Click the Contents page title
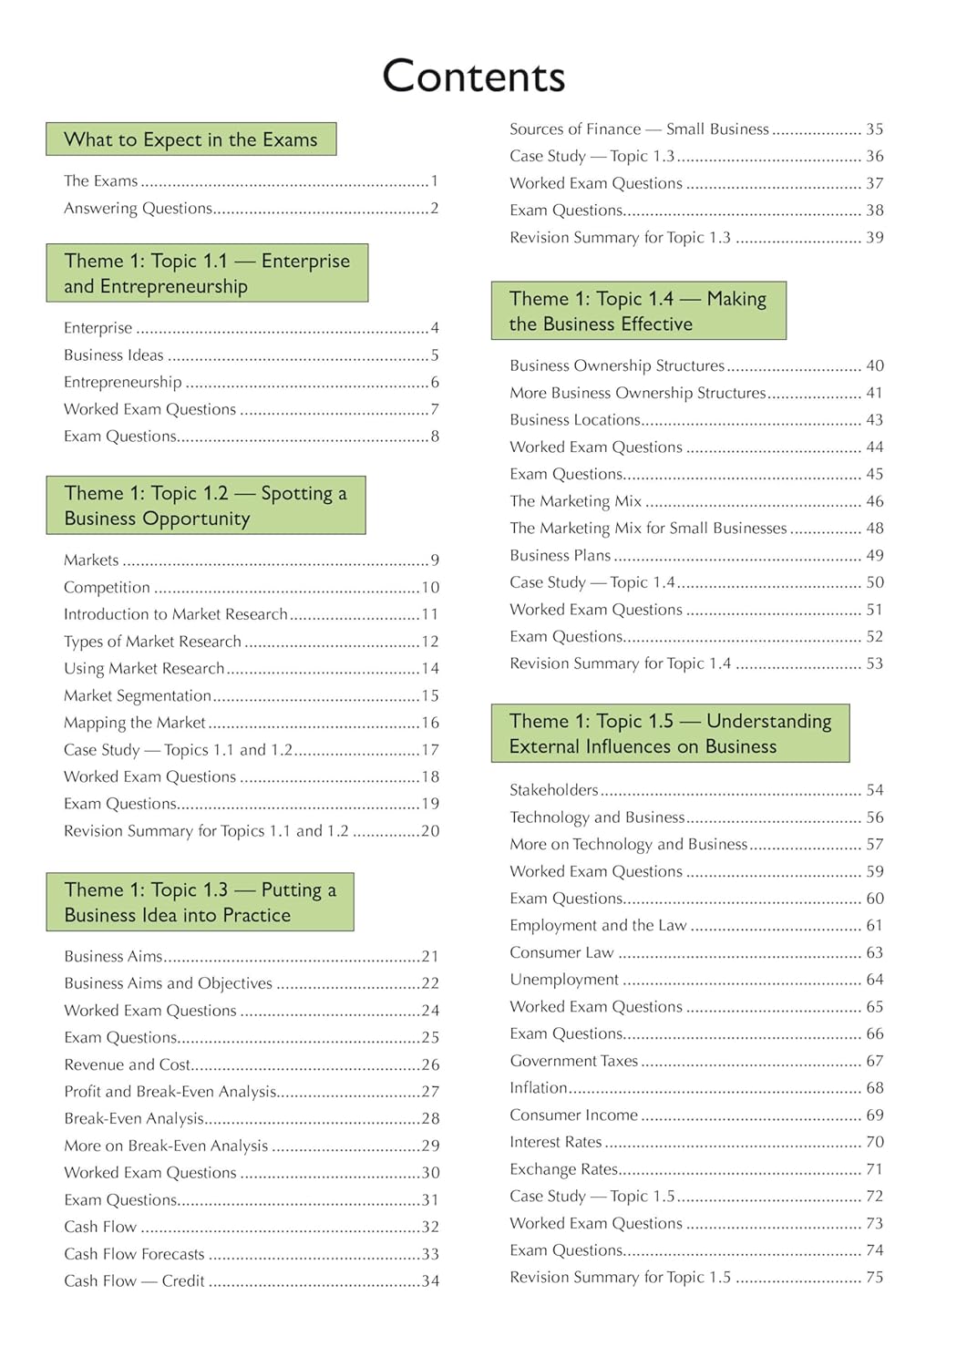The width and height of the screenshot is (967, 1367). coord(473,77)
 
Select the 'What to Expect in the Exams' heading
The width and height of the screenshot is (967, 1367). coord(190,139)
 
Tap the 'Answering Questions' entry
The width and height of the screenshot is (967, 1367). coord(138,209)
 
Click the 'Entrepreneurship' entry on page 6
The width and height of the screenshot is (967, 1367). coord(123,383)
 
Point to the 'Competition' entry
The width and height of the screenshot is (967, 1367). coord(107,588)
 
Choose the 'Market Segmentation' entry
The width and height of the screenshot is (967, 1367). coord(138,696)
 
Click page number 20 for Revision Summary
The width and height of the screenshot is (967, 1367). coord(430,831)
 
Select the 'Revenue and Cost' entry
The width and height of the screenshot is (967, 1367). coord(128,1064)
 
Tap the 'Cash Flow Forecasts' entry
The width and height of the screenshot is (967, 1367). coord(134,1254)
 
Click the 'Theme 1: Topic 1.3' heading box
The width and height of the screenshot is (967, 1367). coord(200,902)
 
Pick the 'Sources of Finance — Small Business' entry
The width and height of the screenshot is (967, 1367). coord(639,129)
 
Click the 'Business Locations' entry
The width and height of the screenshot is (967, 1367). coord(575,420)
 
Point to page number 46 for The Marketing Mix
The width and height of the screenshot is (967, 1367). coord(875,501)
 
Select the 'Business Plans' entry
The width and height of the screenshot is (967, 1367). coord(561,555)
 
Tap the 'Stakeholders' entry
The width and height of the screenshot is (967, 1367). coord(554,790)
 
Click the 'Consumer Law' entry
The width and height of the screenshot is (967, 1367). coord(561,952)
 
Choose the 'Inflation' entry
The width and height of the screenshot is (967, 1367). coord(539,1088)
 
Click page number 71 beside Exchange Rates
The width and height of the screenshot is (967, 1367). coord(875,1169)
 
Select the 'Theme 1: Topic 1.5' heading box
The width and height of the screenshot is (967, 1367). coord(670,734)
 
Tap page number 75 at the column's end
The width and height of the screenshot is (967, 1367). coord(875,1278)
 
